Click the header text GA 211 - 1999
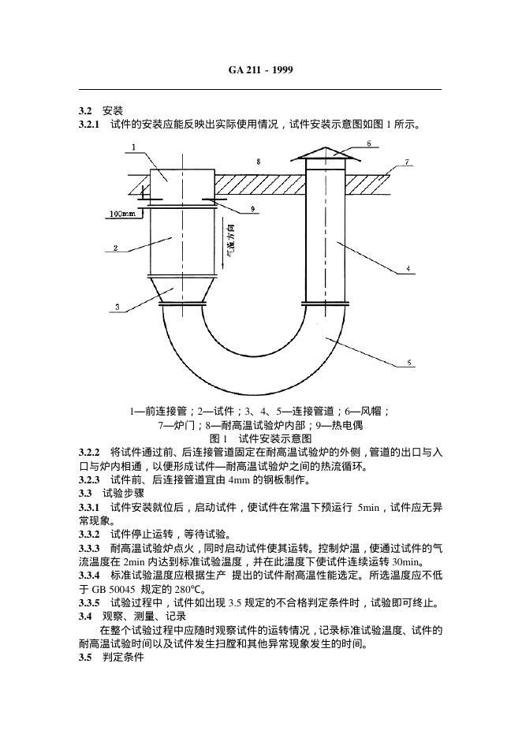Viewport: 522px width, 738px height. coord(261,70)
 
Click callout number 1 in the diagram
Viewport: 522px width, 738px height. coord(134,147)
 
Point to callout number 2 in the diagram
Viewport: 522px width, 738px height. coord(115,248)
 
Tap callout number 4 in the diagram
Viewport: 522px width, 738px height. coord(408,269)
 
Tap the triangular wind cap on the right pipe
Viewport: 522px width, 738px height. coord(323,155)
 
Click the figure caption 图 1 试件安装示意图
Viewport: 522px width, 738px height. coord(260,438)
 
